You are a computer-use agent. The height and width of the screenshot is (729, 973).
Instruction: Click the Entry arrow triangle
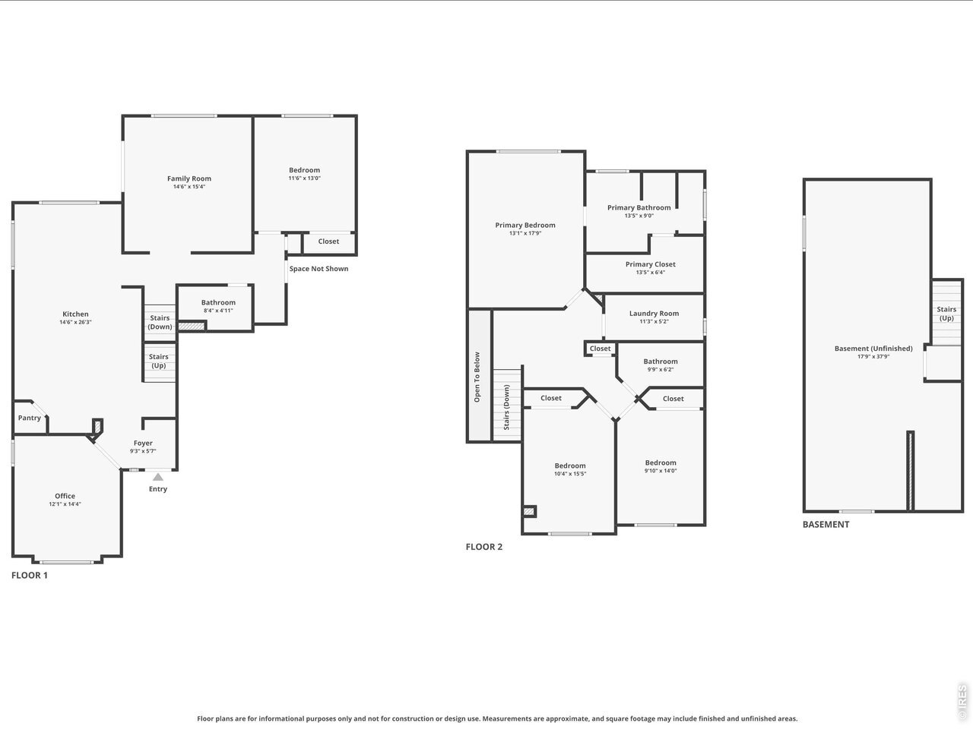coord(158,477)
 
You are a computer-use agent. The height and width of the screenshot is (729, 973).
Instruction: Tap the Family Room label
coord(189,178)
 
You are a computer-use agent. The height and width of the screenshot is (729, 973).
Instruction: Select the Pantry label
coord(29,418)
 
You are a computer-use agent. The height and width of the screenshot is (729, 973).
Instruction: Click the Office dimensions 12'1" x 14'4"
coord(65,504)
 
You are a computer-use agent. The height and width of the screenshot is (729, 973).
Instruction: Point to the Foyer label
coord(143,443)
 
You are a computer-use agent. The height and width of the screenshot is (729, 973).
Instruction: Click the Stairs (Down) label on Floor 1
coord(160,322)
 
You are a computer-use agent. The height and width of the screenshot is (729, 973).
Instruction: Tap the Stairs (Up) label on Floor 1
coord(159,361)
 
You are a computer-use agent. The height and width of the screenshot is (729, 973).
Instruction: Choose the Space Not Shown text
coord(319,269)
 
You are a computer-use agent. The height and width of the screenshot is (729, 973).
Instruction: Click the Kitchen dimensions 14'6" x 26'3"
coord(75,322)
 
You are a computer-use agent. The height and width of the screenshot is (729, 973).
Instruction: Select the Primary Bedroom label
coord(525,225)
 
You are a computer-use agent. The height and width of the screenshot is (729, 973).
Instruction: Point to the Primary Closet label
coord(650,264)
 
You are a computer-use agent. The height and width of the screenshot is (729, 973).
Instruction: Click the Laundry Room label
coord(654,314)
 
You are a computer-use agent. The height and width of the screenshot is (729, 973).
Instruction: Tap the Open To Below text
coord(477,377)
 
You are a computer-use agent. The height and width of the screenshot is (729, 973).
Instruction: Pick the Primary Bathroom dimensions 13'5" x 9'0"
coord(639,216)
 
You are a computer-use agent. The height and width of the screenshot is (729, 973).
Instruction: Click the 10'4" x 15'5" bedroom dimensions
coord(570,474)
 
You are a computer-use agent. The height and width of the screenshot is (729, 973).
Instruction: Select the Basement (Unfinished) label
coord(873,349)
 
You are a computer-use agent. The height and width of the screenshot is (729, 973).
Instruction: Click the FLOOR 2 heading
coord(484,547)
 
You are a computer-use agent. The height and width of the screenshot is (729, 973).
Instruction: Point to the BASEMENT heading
coord(826,525)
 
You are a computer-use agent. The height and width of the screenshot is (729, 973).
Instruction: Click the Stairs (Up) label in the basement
coord(946,314)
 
